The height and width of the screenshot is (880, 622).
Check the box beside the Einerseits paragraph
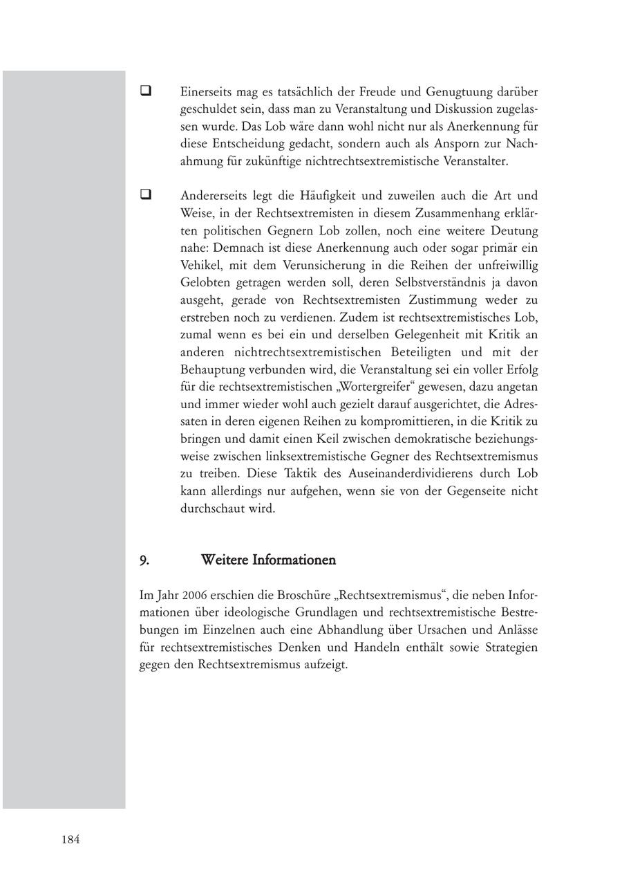tap(146, 91)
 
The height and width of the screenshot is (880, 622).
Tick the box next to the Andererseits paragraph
tap(146, 195)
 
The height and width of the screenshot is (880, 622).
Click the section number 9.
tap(144, 560)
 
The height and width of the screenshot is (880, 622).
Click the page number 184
tap(70, 840)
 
